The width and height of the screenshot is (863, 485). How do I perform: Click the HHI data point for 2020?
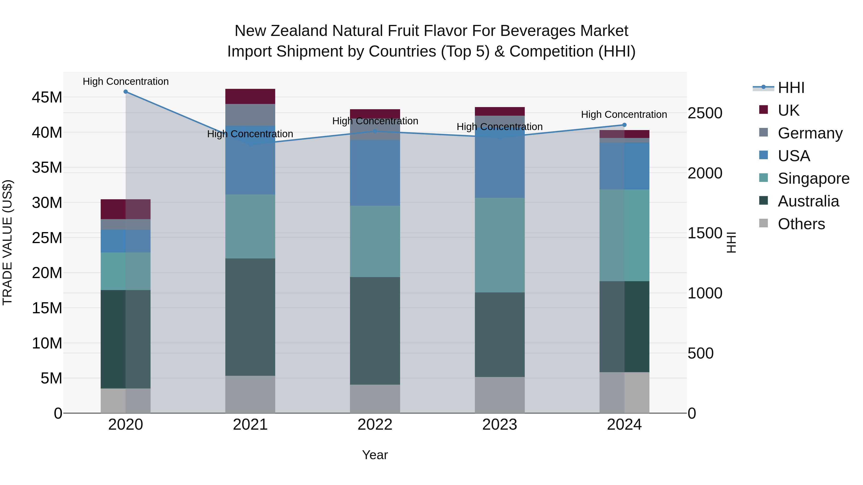click(126, 92)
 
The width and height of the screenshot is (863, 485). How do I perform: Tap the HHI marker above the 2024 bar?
click(624, 125)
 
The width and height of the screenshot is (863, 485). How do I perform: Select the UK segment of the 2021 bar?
click(250, 96)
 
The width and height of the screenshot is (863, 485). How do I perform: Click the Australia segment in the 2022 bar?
click(375, 331)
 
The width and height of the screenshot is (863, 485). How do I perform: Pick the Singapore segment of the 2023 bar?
click(500, 245)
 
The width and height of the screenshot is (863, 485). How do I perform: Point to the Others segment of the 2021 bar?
click(250, 394)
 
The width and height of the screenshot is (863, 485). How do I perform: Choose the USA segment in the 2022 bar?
click(375, 173)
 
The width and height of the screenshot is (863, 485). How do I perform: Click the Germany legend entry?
click(810, 133)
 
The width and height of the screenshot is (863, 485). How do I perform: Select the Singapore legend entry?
click(813, 178)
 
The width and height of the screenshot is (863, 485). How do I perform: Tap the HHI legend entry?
click(791, 88)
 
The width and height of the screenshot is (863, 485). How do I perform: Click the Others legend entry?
click(801, 224)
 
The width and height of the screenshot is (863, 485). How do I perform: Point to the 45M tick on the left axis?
click(47, 97)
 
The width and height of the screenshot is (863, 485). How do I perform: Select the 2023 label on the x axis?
click(500, 425)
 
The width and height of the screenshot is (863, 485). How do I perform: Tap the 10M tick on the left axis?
click(47, 343)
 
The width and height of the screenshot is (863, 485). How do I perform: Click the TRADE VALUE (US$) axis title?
click(7, 242)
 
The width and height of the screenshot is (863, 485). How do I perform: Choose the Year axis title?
click(375, 455)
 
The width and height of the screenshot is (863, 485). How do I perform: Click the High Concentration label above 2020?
click(126, 81)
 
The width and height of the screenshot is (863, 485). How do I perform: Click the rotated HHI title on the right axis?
click(731, 242)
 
